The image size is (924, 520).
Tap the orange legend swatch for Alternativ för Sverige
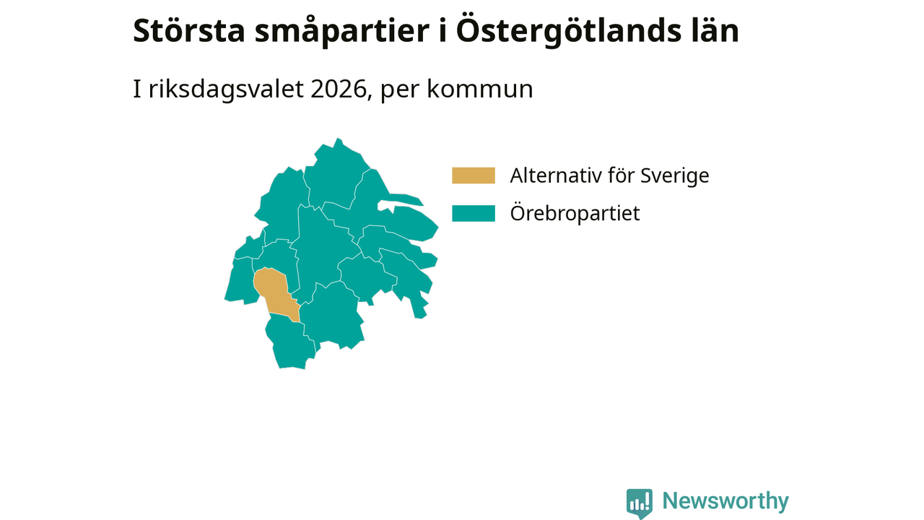click(473, 175)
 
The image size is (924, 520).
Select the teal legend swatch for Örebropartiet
click(473, 213)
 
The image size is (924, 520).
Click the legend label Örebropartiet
click(575, 213)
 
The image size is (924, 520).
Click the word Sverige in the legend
click(674, 176)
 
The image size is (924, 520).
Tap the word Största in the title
click(189, 31)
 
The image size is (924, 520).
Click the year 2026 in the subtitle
click(339, 89)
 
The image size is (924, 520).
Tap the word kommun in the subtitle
click(480, 90)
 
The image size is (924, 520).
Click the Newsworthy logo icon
click(640, 503)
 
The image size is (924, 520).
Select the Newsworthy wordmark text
click(725, 501)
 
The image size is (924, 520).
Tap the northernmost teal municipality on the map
click(336, 173)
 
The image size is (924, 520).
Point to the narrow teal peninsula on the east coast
click(406, 199)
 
